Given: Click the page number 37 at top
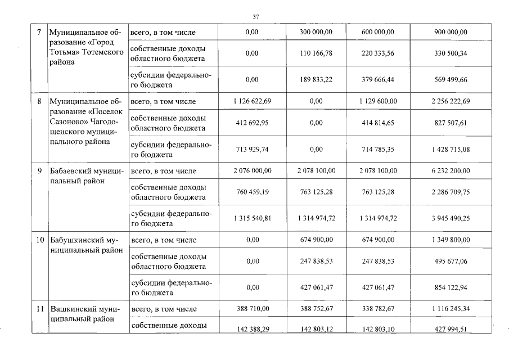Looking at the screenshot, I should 255,17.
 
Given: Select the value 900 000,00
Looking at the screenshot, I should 451,32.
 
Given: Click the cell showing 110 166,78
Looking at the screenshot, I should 316,53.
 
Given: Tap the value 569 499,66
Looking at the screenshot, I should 451,80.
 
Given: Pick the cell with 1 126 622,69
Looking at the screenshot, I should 252,101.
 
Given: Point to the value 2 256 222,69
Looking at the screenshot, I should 451,101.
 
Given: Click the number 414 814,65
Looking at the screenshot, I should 377,122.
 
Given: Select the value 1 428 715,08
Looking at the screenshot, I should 451,149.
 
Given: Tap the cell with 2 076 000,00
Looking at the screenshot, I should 252,170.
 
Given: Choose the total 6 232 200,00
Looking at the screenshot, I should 451,170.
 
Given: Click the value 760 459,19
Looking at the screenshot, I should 252,192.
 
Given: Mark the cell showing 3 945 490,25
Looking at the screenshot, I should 451,218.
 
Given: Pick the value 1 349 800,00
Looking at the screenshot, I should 451,240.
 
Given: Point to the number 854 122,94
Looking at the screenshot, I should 451,287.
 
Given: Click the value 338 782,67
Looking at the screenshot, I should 377,309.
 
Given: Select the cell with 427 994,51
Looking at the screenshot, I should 451,330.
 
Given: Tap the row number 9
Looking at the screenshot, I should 40,170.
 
